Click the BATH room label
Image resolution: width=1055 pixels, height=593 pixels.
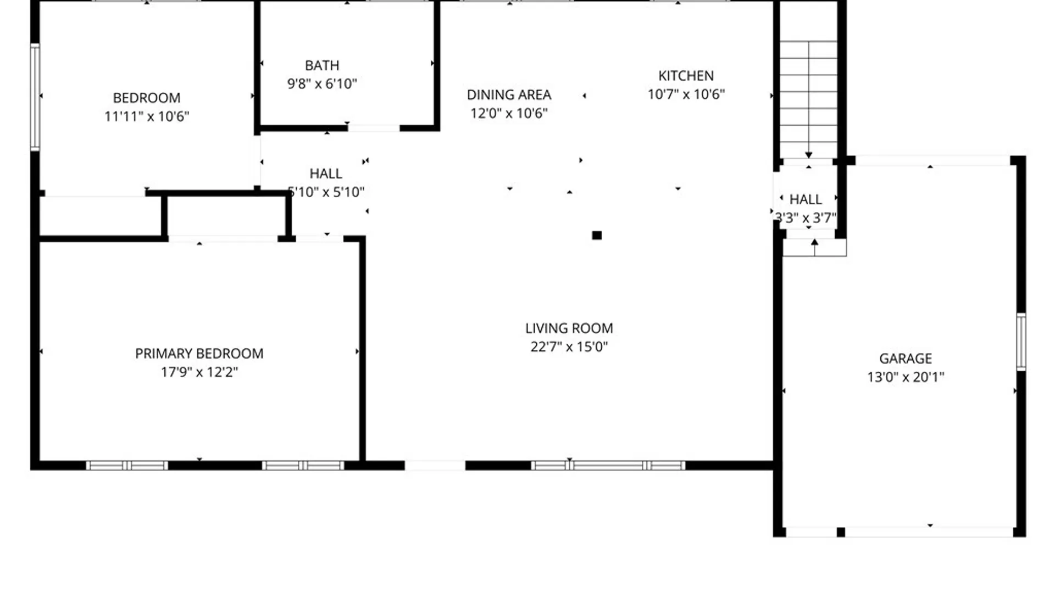[x=322, y=65]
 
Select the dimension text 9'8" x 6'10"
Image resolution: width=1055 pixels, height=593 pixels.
[x=322, y=84]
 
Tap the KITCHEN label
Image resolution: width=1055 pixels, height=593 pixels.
[x=686, y=76]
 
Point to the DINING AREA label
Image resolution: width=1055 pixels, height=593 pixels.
[x=509, y=95]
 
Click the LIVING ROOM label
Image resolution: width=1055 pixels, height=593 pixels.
[x=569, y=328]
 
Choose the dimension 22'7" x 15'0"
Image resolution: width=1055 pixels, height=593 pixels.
[x=569, y=347]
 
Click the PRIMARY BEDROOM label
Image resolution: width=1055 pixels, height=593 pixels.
[x=199, y=354]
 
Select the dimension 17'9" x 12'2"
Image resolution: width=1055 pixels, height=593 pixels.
[x=199, y=372]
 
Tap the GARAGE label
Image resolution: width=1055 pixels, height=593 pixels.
[x=905, y=359]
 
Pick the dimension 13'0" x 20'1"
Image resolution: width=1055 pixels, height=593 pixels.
[x=905, y=377]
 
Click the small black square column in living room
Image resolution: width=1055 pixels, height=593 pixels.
[x=597, y=236]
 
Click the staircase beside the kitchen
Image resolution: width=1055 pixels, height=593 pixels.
[x=808, y=99]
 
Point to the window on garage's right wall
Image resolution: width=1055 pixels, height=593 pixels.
[x=1020, y=342]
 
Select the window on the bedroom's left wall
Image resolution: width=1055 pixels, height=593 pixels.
[x=35, y=97]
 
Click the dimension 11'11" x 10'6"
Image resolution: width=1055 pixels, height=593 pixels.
[x=147, y=116]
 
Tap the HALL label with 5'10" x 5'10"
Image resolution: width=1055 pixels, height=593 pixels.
[x=326, y=174]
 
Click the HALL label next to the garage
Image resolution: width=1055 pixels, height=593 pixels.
[x=806, y=199]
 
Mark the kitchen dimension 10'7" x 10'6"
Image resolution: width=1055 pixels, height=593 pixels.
[x=686, y=94]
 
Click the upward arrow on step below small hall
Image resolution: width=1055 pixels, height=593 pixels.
[x=814, y=247]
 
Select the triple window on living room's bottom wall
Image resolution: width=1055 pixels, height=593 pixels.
[x=608, y=466]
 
